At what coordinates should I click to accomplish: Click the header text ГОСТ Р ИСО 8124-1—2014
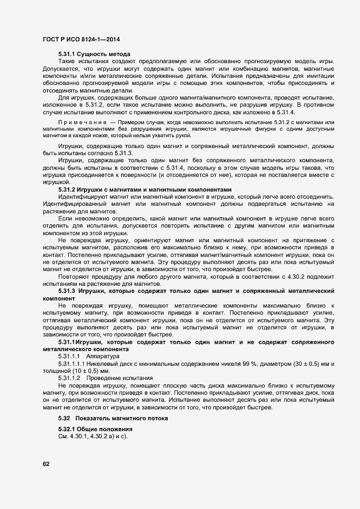point(81,39)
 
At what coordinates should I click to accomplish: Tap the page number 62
point(46,464)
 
